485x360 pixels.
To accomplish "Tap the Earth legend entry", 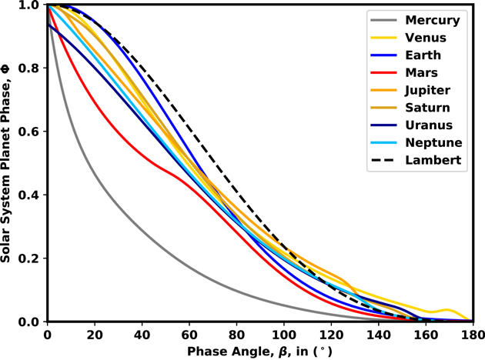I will pyautogui.click(x=423, y=55).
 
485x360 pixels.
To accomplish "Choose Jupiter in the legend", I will pyautogui.click(x=426, y=91).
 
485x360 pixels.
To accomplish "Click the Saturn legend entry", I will pyautogui.click(x=426, y=108).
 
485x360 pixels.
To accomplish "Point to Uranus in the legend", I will pyautogui.click(x=426, y=125).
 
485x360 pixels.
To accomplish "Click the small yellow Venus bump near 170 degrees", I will pyautogui.click(x=448, y=309).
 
